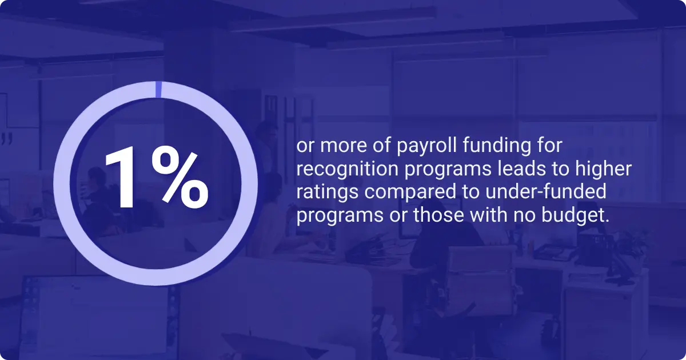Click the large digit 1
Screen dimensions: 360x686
pos(122,178)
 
